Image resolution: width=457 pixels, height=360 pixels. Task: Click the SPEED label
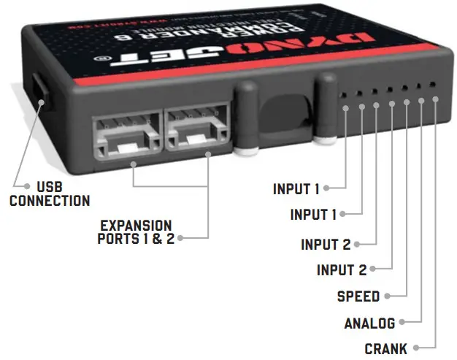(x=358, y=296)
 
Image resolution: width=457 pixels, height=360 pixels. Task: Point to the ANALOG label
(x=369, y=323)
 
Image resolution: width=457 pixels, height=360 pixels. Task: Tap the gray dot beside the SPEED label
(x=388, y=296)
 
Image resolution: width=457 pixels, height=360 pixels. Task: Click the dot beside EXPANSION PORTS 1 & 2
(x=181, y=239)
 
